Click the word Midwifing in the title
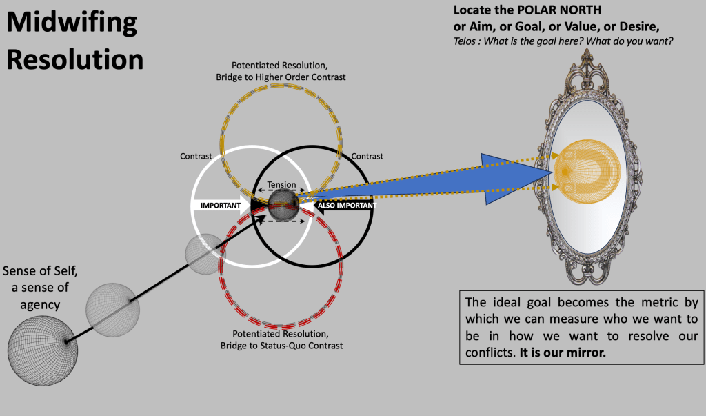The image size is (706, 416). pos(72,25)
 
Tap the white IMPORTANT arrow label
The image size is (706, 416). pos(220,205)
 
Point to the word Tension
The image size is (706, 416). pos(282,185)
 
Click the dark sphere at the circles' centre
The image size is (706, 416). pos(282,204)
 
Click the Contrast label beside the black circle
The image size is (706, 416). pos(367,157)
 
